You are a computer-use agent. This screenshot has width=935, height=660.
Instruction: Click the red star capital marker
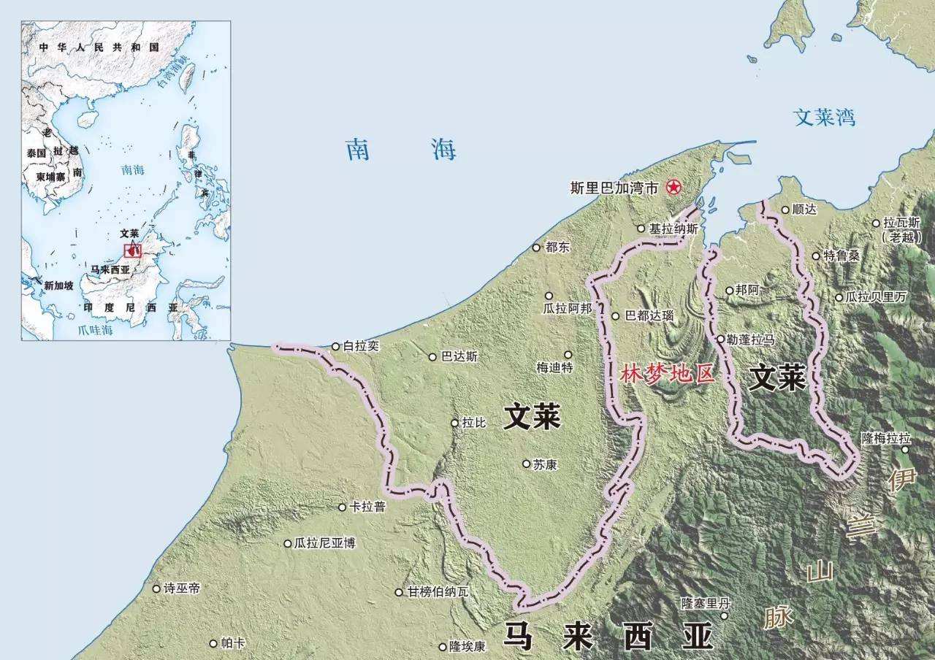(672, 188)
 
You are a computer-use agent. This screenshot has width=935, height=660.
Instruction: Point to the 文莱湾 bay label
(825, 118)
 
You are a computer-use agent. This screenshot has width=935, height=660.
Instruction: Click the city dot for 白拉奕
(336, 347)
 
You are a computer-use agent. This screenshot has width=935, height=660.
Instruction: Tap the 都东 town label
(557, 247)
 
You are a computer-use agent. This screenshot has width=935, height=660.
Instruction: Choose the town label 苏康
(545, 464)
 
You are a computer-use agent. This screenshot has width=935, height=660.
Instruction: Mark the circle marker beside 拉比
(455, 423)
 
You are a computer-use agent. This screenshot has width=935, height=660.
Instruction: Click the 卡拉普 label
(367, 507)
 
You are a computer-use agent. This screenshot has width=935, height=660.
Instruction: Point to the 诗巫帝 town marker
(156, 588)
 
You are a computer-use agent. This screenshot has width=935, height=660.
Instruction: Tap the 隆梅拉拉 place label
(886, 438)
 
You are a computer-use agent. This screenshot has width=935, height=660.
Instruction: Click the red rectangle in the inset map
(132, 250)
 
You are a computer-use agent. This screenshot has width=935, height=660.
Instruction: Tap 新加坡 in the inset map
(58, 285)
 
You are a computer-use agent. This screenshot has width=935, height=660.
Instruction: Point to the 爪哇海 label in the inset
(96, 330)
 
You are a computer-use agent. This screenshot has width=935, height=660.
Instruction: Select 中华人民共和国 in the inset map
(100, 47)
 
